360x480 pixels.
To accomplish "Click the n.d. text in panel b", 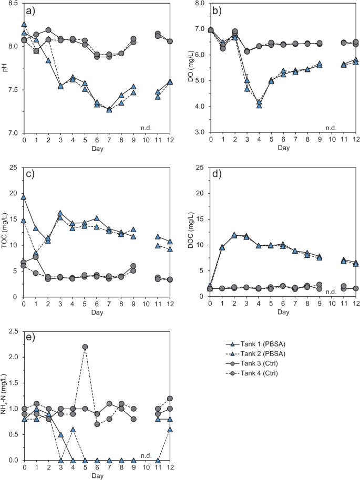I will pos(331,128).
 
